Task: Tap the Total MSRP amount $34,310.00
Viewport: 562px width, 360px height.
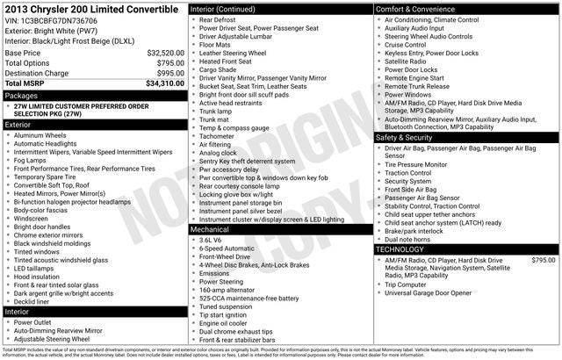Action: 164,83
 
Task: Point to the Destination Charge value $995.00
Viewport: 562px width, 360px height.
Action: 170,73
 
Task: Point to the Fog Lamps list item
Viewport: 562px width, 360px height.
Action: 31,161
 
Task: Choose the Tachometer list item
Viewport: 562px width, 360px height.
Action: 218,137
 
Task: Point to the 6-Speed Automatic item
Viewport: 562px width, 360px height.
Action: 226,248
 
